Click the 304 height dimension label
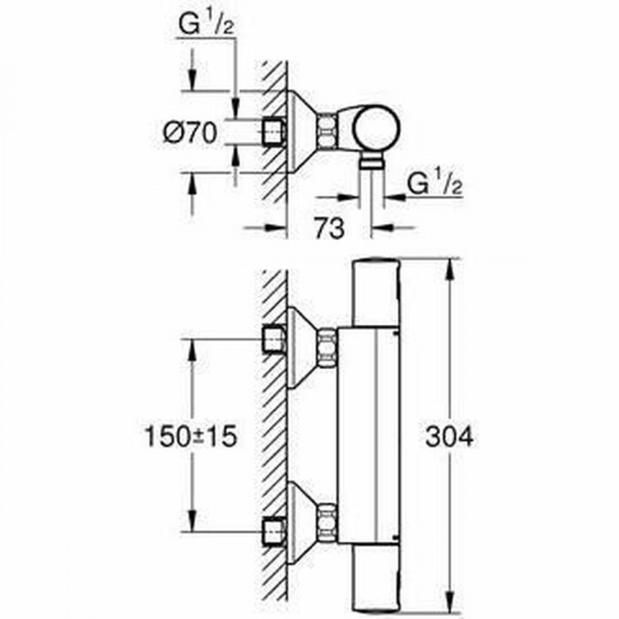click(x=450, y=437)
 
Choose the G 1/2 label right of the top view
click(x=433, y=183)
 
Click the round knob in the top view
click(x=377, y=130)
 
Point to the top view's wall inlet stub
click(x=273, y=131)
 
